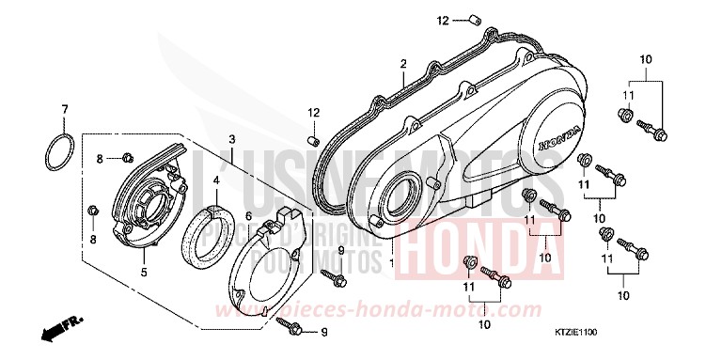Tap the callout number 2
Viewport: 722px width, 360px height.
coord(401,64)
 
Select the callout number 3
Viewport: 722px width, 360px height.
coord(230,140)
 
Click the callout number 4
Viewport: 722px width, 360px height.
coord(216,180)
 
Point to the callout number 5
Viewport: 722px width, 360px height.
coord(144,274)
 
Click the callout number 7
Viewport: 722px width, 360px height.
coord(65,109)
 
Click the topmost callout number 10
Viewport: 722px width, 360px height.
coord(646,61)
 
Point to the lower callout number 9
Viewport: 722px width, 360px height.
coord(324,332)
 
